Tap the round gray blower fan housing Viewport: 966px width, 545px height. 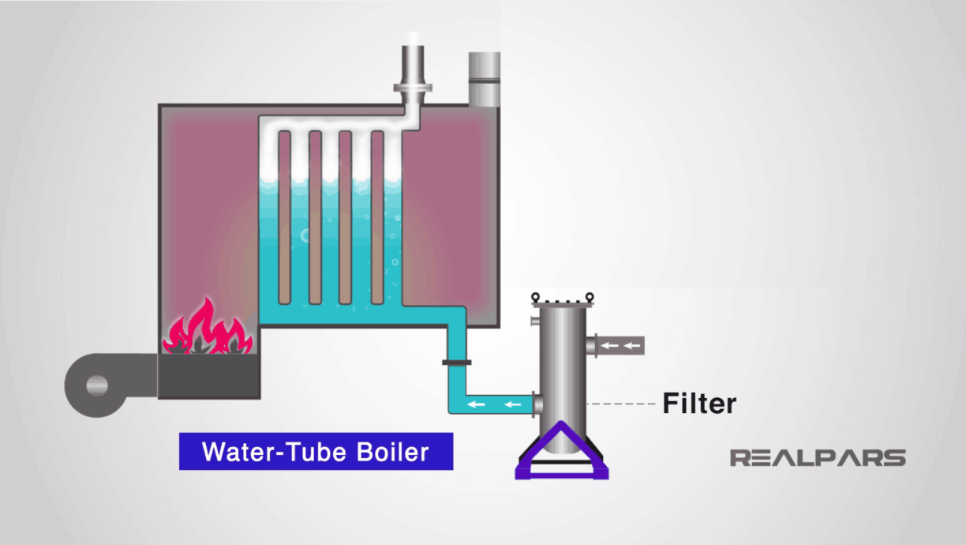(x=97, y=385)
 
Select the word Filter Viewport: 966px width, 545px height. (x=698, y=404)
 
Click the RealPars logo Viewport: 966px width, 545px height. (x=818, y=457)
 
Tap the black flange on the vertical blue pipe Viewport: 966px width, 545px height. (x=457, y=363)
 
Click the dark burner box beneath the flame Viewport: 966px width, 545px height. (x=209, y=376)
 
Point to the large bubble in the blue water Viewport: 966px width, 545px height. (x=306, y=235)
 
